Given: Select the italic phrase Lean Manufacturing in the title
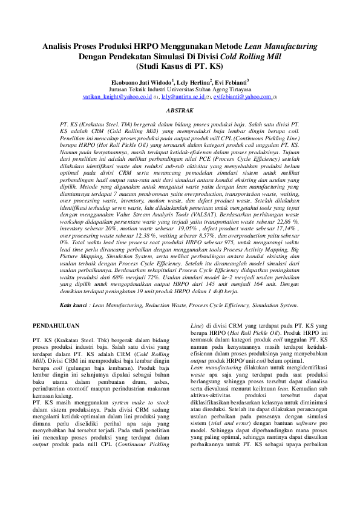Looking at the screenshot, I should coord(281,46).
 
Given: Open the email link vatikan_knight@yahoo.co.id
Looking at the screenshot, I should coord(117,96).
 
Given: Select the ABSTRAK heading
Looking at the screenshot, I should coord(180,111).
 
